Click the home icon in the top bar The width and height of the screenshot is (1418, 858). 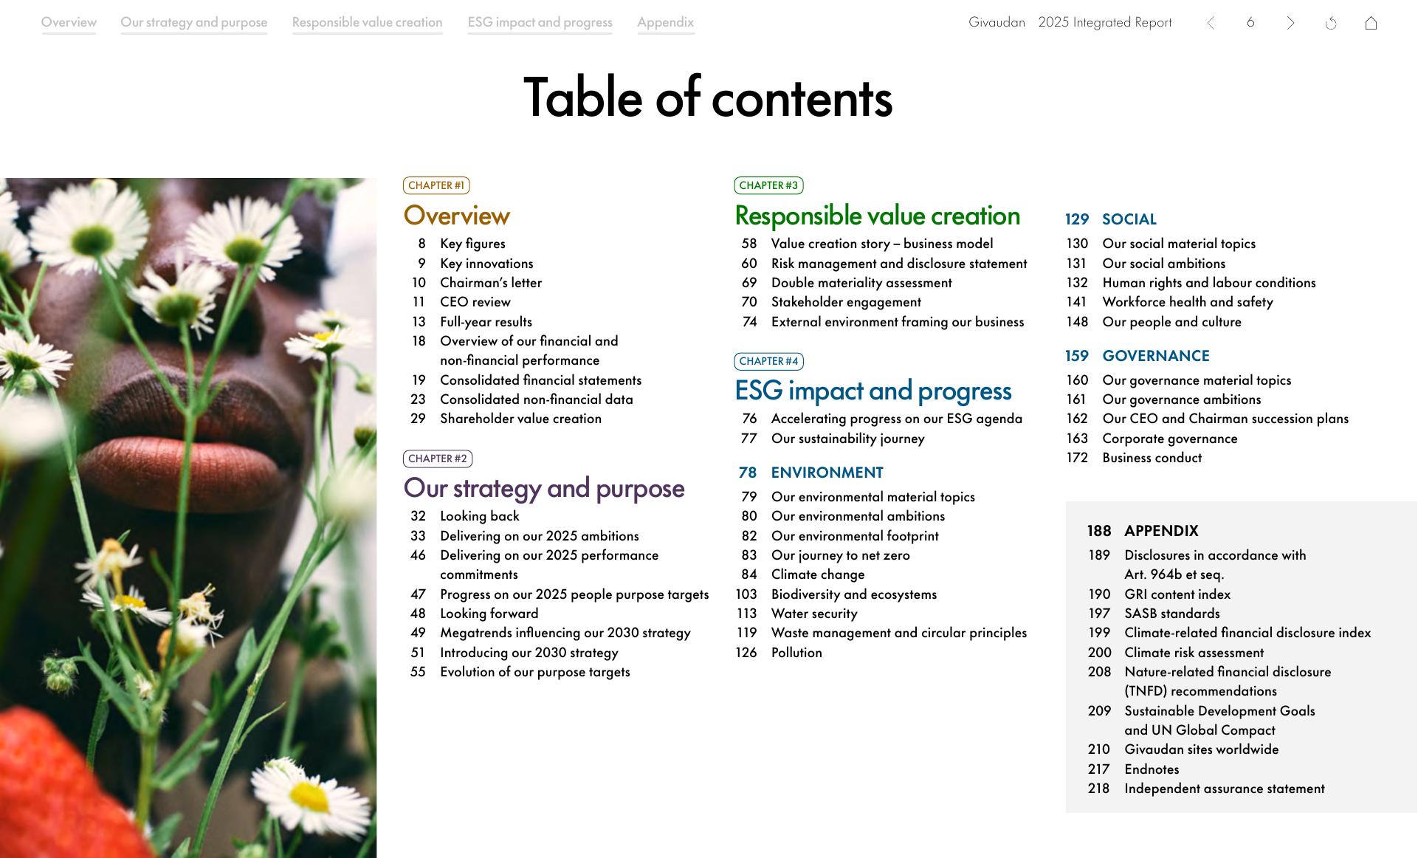(1371, 23)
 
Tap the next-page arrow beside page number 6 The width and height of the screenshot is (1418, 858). (1290, 23)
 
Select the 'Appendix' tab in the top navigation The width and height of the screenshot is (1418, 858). (666, 22)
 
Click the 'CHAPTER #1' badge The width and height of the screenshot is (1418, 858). (436, 185)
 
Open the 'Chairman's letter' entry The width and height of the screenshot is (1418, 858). (491, 283)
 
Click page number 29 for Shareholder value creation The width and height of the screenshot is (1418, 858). (418, 419)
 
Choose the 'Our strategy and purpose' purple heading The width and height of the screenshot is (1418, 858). (544, 489)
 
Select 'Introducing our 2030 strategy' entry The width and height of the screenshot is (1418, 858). (529, 653)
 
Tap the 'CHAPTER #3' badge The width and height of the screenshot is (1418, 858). (768, 185)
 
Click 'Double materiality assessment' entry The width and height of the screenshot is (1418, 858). (861, 283)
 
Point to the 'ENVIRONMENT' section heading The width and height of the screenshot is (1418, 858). (827, 473)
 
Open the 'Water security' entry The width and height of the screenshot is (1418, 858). (814, 614)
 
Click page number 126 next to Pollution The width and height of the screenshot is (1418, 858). (746, 653)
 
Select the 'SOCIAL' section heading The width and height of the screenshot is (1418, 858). (1129, 219)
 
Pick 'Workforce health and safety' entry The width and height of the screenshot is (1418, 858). (1188, 302)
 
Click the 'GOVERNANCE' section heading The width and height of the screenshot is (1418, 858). (1156, 356)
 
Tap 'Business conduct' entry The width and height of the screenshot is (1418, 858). (1152, 458)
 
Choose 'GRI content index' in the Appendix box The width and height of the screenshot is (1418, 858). (1177, 594)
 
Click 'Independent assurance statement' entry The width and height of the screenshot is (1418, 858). (1225, 789)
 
